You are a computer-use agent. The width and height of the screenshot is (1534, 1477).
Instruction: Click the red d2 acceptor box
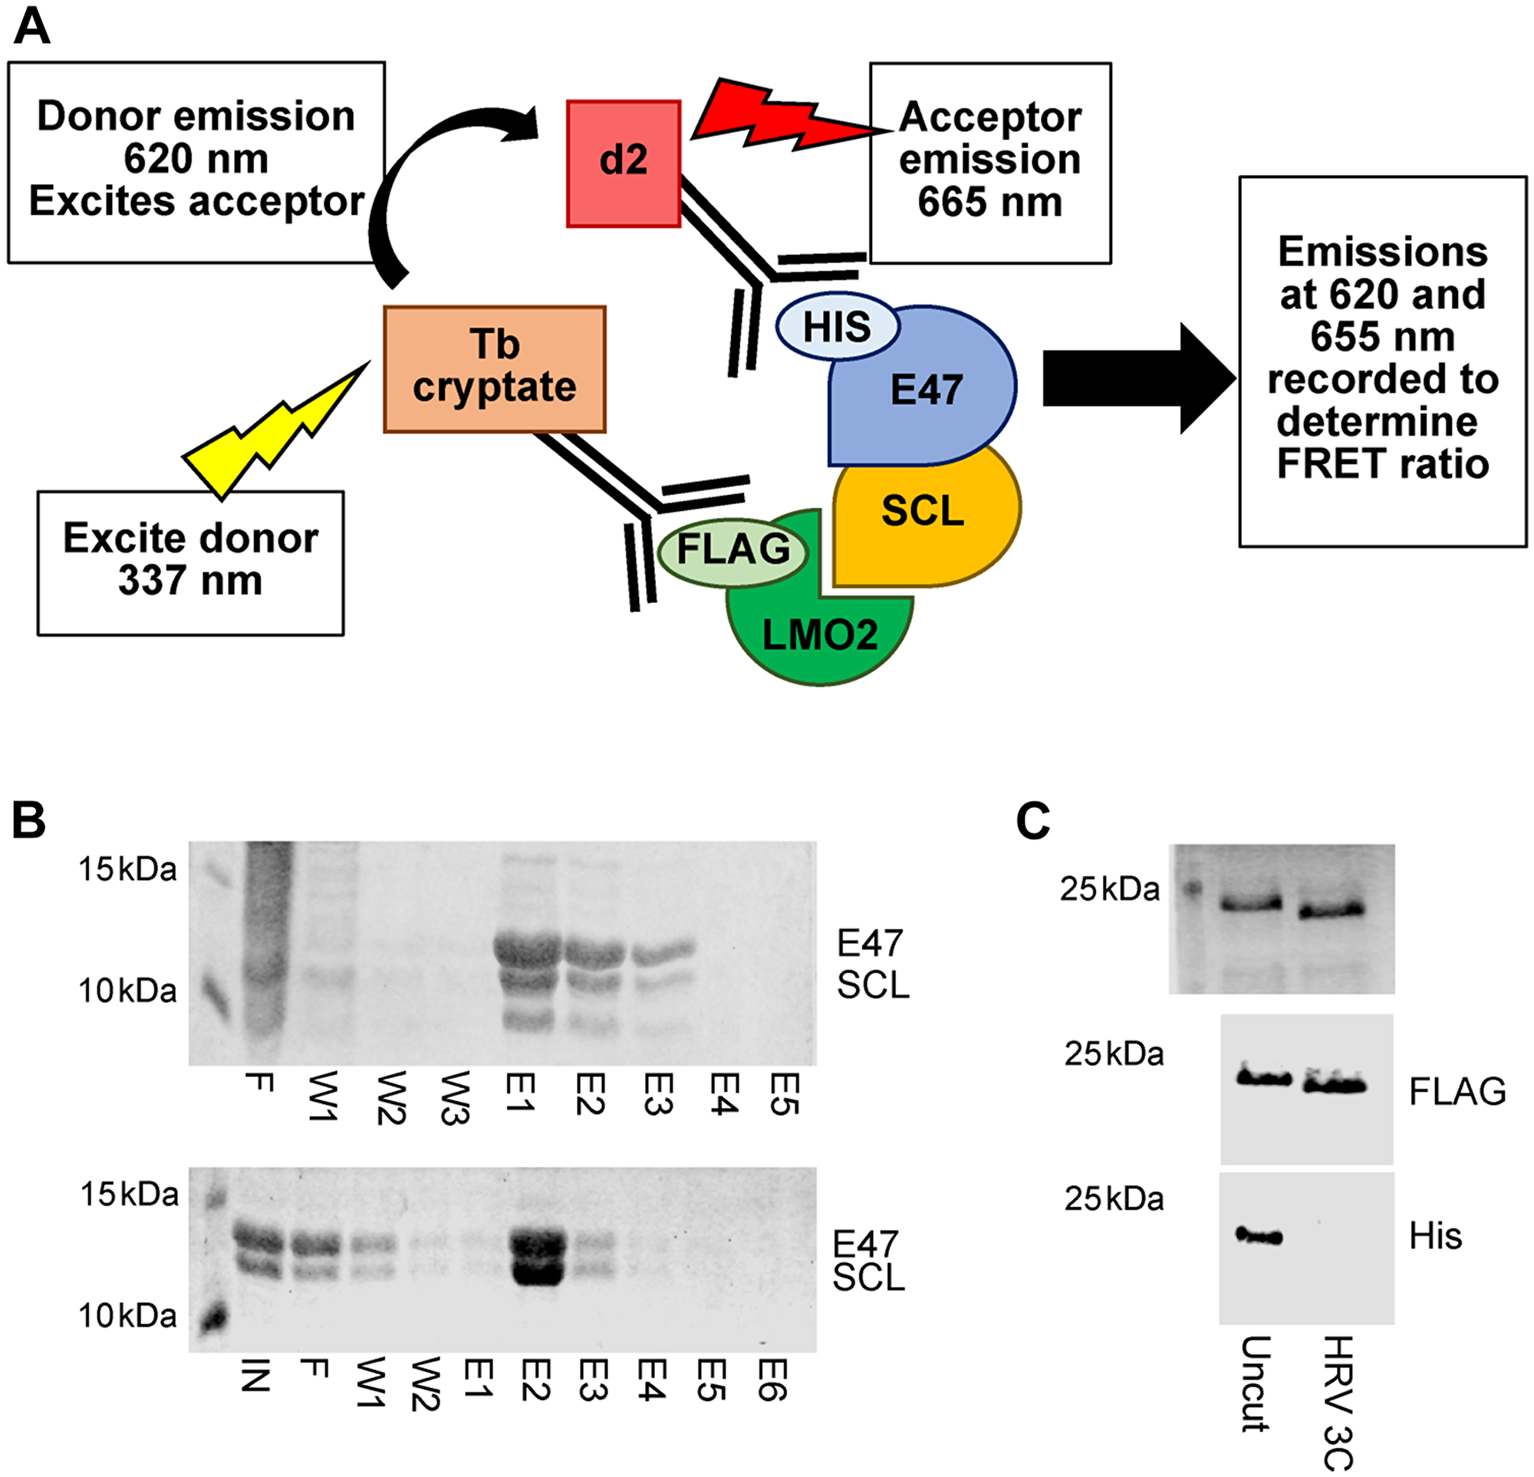(623, 163)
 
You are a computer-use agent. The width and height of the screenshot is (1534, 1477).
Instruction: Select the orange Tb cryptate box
(494, 368)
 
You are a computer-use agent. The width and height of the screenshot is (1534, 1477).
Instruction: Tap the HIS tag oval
(836, 326)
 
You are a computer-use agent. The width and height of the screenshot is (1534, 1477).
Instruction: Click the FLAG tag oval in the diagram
(732, 549)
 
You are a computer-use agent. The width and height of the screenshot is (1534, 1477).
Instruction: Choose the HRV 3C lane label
(1338, 1402)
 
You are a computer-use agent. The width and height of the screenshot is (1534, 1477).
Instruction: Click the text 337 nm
(190, 580)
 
